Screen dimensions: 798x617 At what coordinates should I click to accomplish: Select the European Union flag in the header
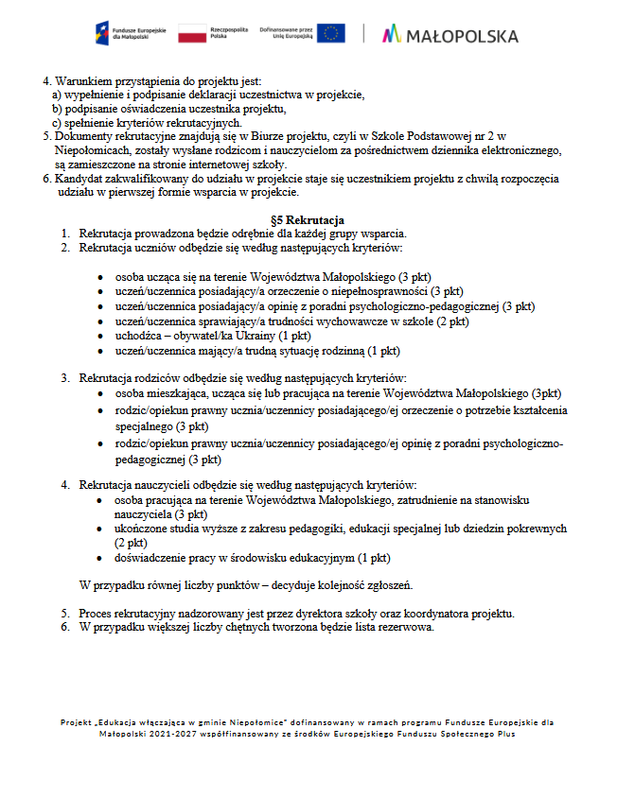point(330,33)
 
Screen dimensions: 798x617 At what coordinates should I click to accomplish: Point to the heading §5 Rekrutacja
point(308,220)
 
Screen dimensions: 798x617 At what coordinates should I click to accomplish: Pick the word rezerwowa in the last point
point(407,628)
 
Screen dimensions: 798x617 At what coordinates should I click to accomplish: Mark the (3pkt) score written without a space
point(546,392)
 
